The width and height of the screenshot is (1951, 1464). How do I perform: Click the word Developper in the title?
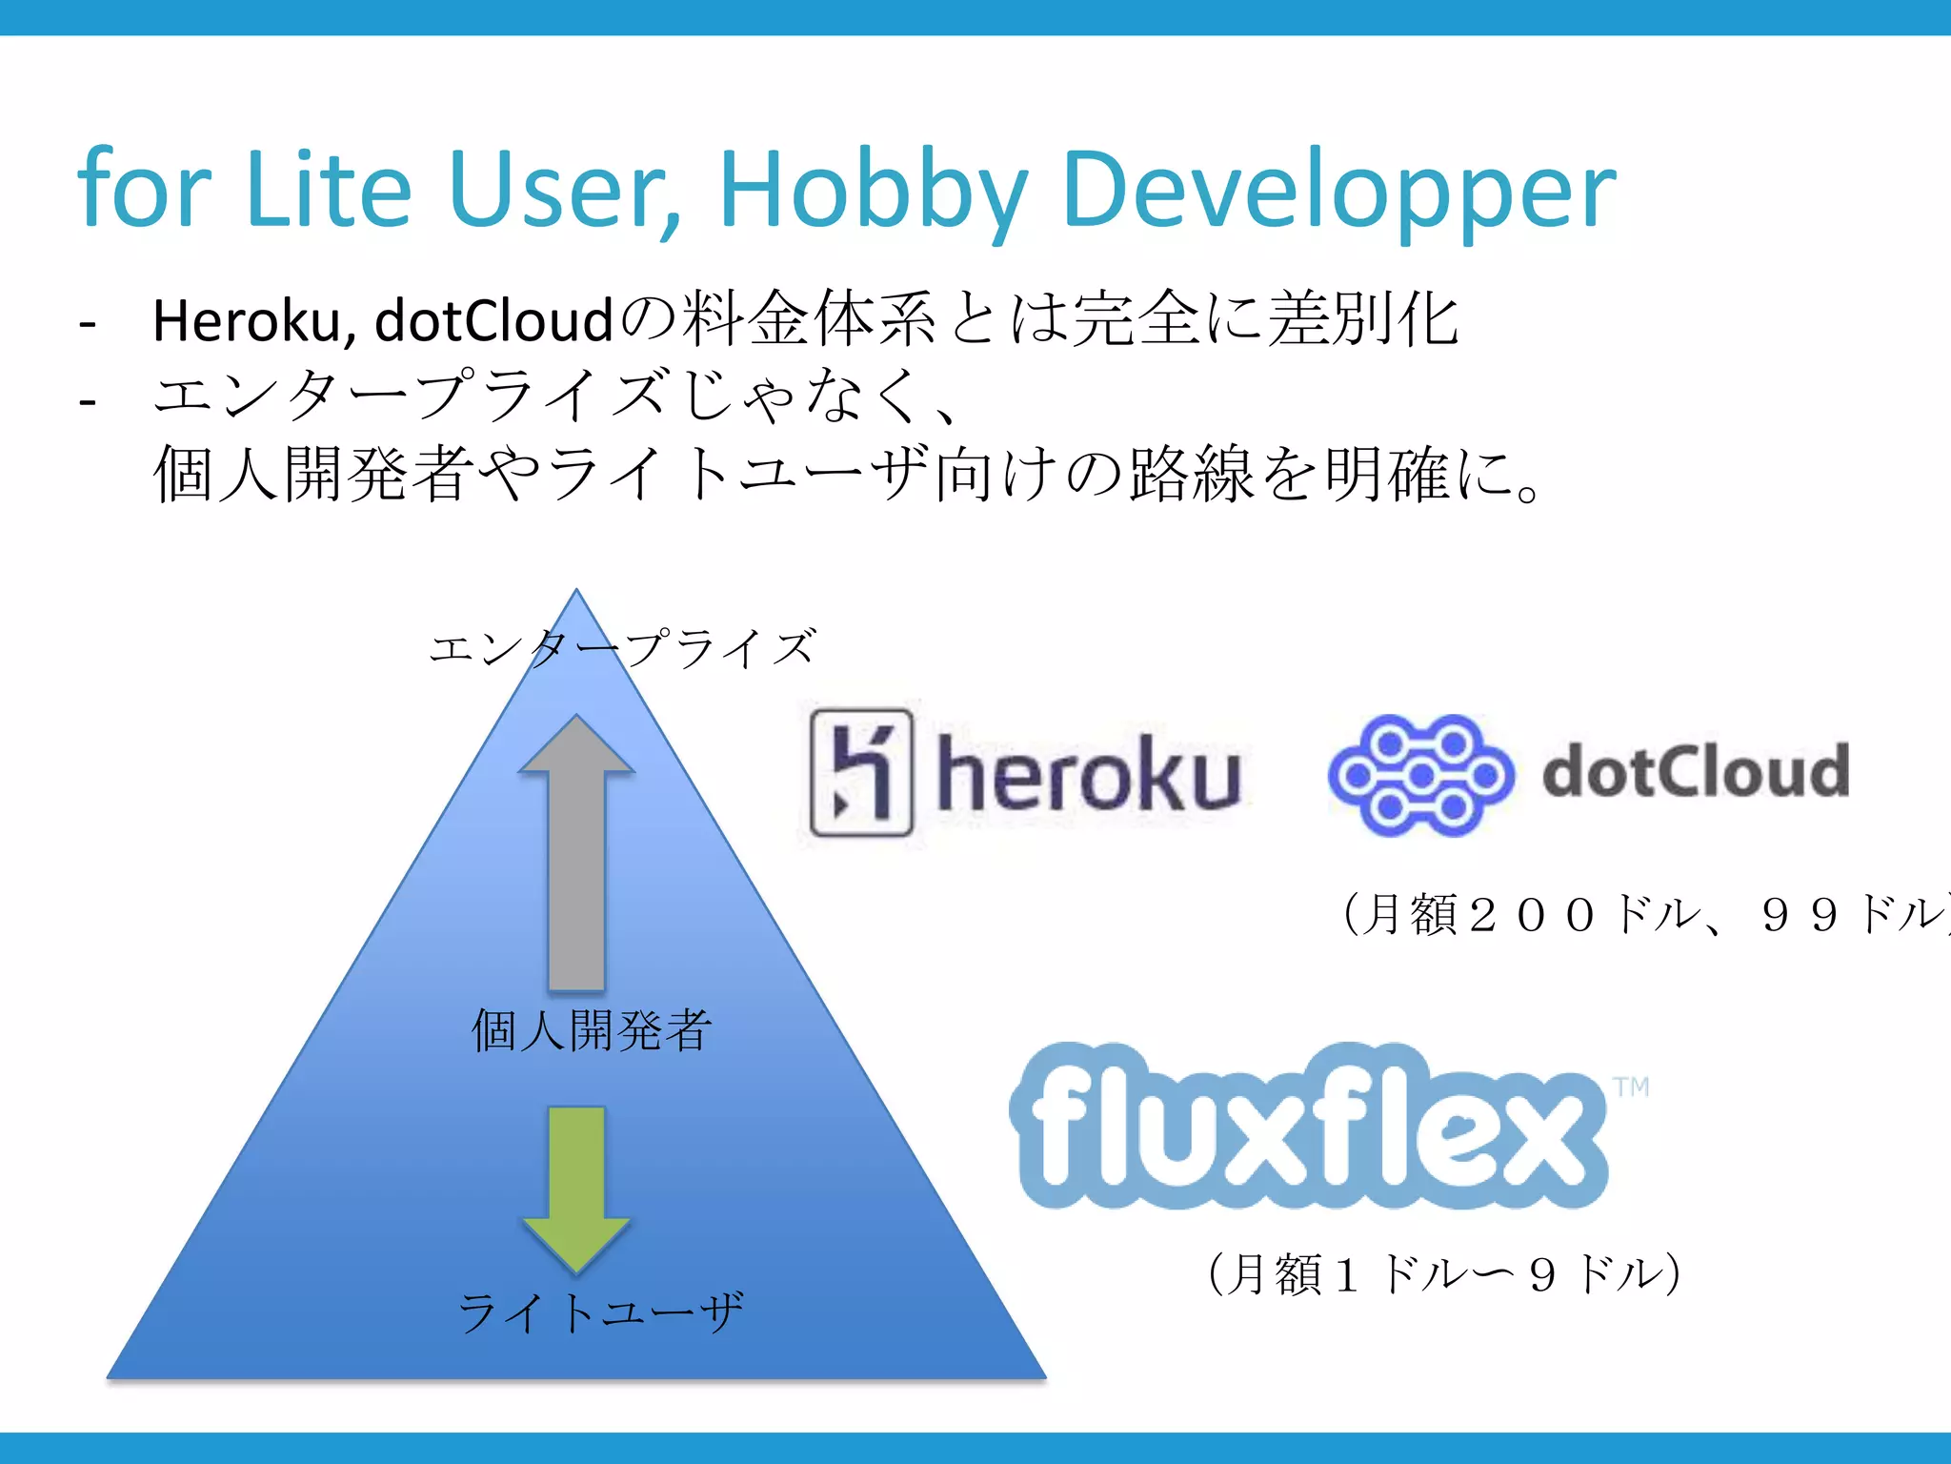(x=1338, y=191)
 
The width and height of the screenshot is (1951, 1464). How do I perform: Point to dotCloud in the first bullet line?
(x=493, y=320)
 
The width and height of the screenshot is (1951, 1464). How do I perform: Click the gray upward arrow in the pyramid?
(x=576, y=853)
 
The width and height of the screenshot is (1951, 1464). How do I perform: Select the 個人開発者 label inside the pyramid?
(x=592, y=1030)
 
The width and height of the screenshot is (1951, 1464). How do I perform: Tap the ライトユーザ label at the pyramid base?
(x=600, y=1312)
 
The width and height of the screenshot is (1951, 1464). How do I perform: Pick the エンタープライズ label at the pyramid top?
(x=623, y=648)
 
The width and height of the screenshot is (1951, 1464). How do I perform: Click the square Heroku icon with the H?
(x=861, y=773)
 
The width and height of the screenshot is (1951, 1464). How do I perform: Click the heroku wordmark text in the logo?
(x=1088, y=775)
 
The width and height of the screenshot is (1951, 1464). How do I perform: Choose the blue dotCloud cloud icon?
(x=1420, y=775)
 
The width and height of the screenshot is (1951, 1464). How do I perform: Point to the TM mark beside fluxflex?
(x=1631, y=1088)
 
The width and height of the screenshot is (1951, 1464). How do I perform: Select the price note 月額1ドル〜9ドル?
(x=1444, y=1274)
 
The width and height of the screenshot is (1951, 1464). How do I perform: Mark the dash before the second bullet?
(x=88, y=401)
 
